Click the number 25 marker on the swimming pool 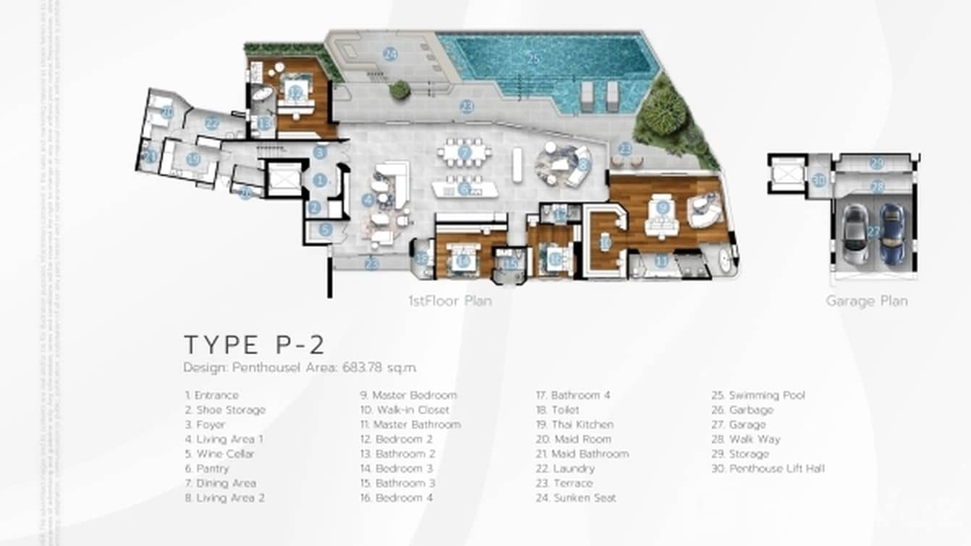point(533,59)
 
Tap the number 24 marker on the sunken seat point(390,54)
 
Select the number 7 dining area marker point(465,153)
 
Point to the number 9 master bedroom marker point(663,207)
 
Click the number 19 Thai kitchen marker point(192,159)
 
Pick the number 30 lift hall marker point(818,180)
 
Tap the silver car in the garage point(855,234)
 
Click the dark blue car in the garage point(892,234)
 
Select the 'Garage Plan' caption point(866,301)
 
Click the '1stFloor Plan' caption point(449,301)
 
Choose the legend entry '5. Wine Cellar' point(219,454)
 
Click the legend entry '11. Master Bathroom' point(410,424)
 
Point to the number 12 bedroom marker point(295,92)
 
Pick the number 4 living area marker point(368,199)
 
